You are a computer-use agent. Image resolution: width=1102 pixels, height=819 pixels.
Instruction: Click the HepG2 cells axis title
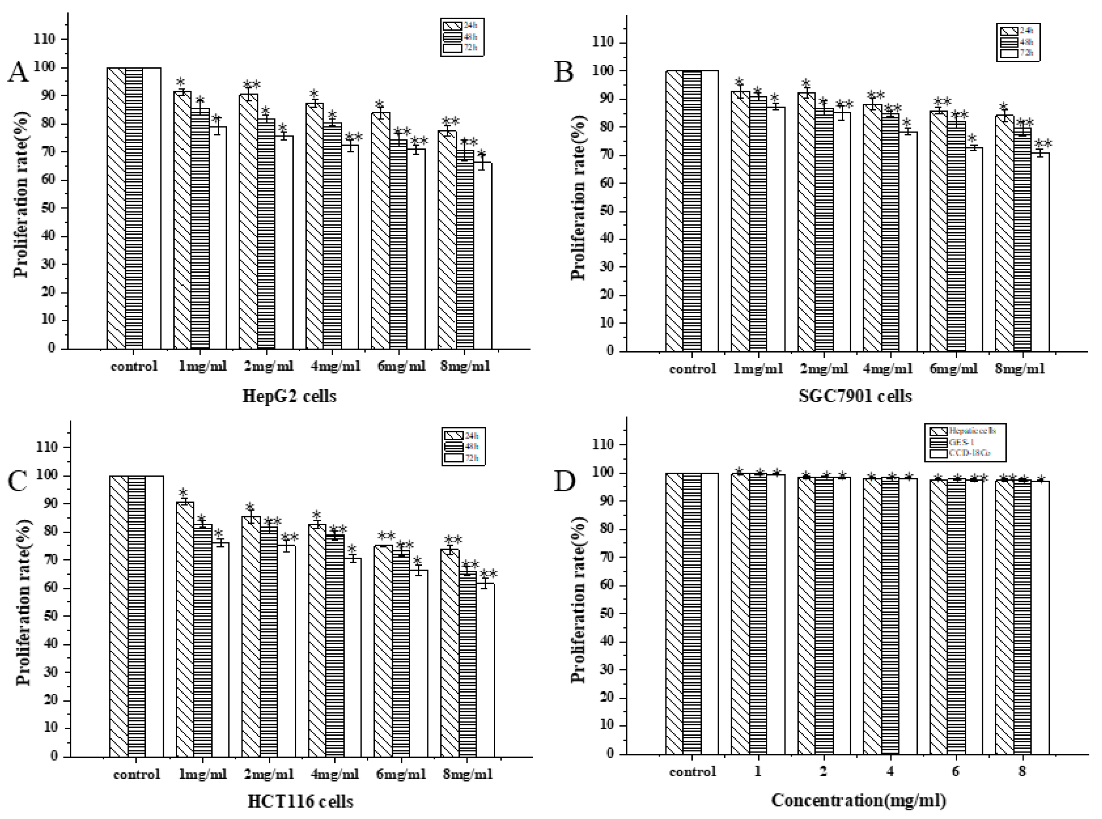(x=289, y=396)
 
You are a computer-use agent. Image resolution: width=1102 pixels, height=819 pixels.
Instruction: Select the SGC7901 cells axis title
(x=855, y=396)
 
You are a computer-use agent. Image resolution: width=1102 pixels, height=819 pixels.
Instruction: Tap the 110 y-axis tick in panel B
(x=603, y=43)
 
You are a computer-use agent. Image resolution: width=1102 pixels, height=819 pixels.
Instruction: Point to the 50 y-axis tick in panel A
(x=45, y=208)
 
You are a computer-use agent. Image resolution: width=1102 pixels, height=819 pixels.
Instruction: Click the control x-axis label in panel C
(x=136, y=774)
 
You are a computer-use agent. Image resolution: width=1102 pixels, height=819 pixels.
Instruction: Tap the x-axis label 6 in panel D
(x=955, y=772)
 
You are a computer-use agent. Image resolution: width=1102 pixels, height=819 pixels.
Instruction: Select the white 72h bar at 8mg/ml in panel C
(x=485, y=669)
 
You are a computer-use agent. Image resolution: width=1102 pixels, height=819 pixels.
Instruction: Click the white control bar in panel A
(x=152, y=208)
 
